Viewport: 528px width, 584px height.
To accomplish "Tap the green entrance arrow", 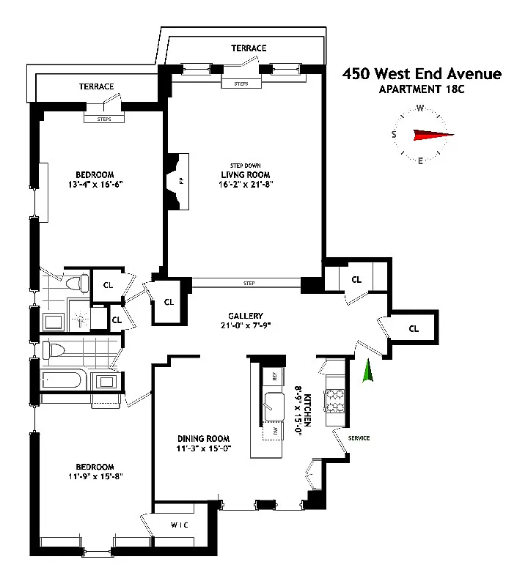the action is pyautogui.click(x=368, y=371).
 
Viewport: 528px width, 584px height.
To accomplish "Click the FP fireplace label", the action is pyautogui.click(x=181, y=181).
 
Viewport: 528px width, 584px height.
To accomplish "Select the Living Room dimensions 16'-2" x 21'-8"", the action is pyautogui.click(x=246, y=184).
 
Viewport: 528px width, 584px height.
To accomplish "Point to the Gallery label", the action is pyautogui.click(x=246, y=316).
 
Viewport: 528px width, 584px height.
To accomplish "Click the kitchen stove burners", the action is pyautogui.click(x=335, y=401).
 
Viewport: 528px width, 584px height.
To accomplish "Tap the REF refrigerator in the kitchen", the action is pyautogui.click(x=274, y=376).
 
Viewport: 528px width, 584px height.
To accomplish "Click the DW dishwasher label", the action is pyautogui.click(x=276, y=431).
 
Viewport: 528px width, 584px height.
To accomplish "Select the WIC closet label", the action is pyautogui.click(x=179, y=525).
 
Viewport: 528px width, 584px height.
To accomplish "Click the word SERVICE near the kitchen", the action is pyautogui.click(x=359, y=438).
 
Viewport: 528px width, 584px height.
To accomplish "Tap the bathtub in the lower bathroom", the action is pyautogui.click(x=62, y=380).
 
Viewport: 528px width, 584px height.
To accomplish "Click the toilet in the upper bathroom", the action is pyautogui.click(x=78, y=284).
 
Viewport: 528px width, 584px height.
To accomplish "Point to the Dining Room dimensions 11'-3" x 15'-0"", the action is pyautogui.click(x=204, y=448).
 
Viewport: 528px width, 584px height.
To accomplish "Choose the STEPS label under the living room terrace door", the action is pyautogui.click(x=241, y=84).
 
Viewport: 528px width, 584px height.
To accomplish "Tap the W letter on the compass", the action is pyautogui.click(x=420, y=108).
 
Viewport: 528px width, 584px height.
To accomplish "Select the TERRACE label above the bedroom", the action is pyautogui.click(x=96, y=86).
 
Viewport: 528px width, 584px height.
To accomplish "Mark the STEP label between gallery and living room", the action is pyautogui.click(x=249, y=283).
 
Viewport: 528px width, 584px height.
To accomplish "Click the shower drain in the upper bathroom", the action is pyautogui.click(x=81, y=319).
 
